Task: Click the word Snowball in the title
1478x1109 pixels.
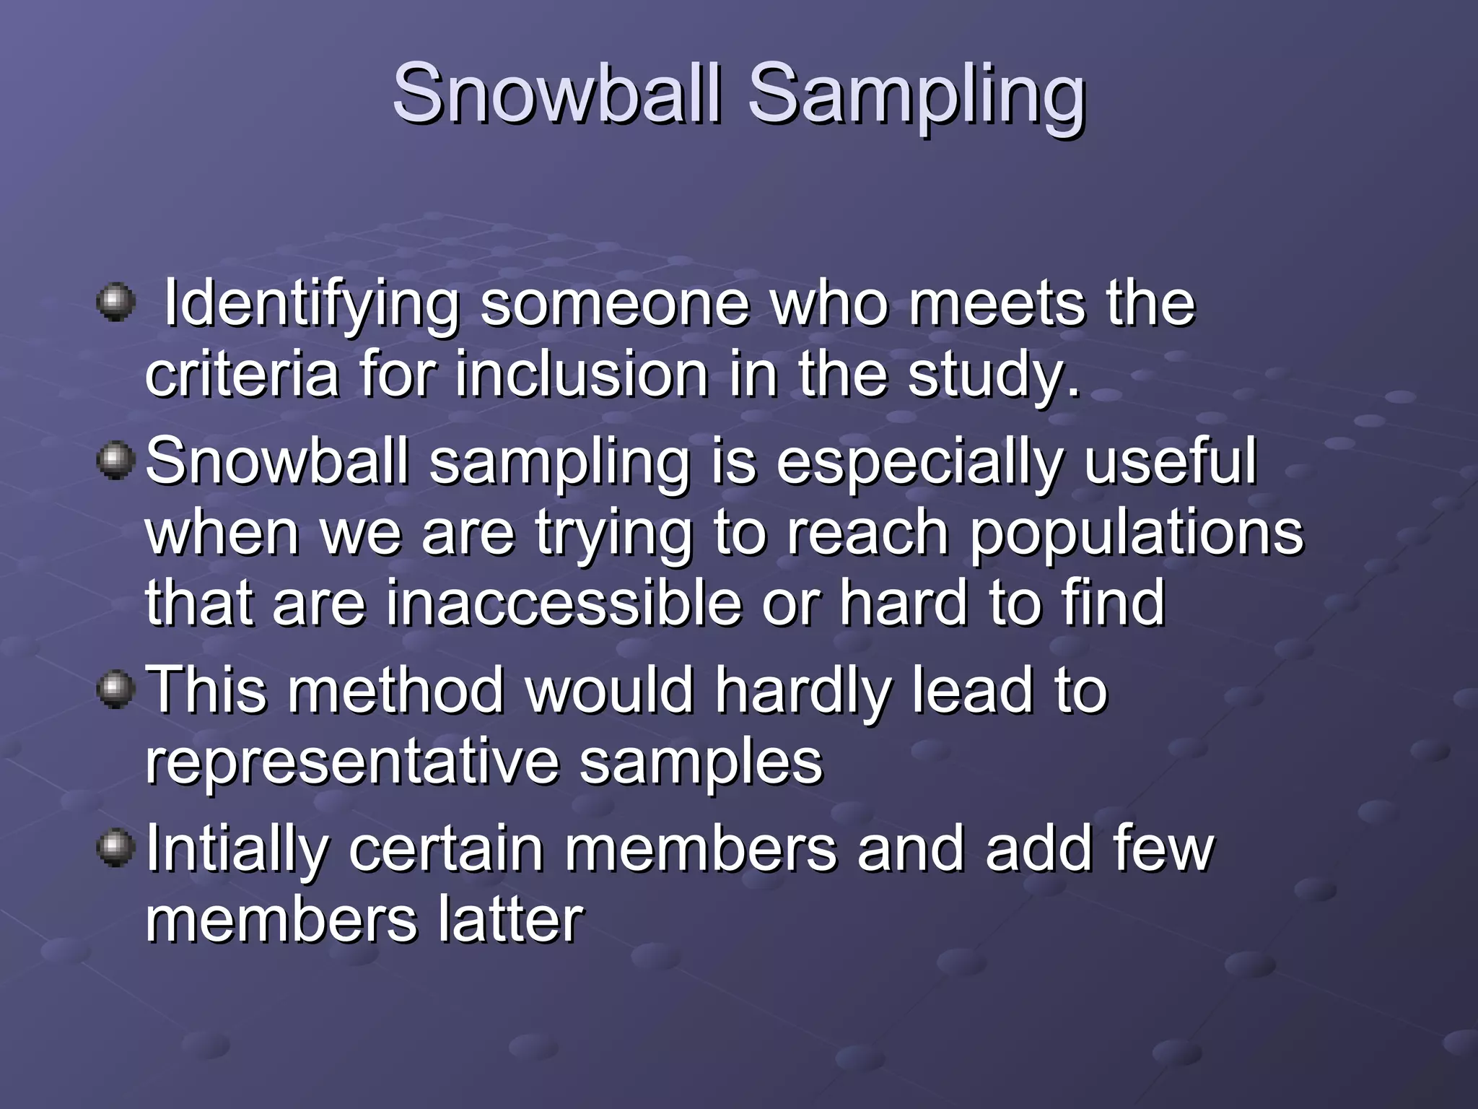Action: point(556,94)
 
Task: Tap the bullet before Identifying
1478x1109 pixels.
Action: point(115,302)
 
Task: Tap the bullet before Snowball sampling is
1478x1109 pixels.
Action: point(115,461)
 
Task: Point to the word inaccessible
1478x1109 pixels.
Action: point(564,603)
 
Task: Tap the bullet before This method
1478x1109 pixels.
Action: point(115,690)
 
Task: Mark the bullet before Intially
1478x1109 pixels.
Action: point(115,847)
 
